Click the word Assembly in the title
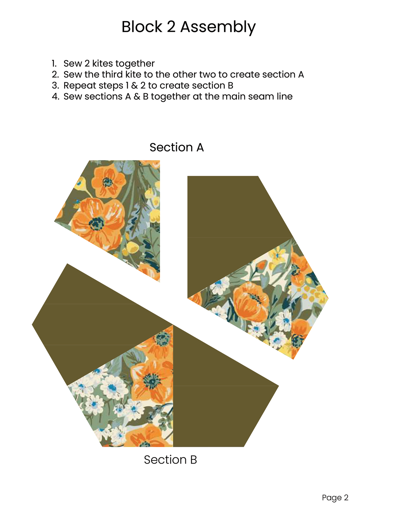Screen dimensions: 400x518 click(218, 27)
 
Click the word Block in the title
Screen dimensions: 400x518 click(142, 27)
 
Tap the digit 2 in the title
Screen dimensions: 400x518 click(171, 27)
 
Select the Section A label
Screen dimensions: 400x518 click(177, 147)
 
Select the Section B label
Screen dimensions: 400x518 click(170, 460)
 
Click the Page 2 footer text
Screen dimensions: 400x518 click(335, 498)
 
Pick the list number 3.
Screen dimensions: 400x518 click(55, 86)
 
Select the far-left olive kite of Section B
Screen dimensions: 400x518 click(91, 324)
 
